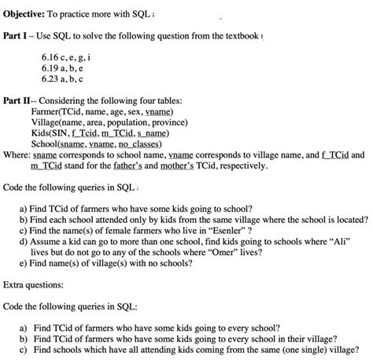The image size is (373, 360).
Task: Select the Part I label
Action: (18, 37)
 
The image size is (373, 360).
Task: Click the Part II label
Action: (20, 102)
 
